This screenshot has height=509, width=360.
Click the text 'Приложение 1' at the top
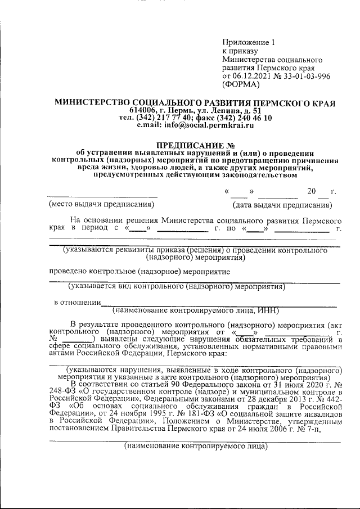tap(247, 42)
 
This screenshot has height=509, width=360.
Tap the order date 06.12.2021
tap(250, 76)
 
